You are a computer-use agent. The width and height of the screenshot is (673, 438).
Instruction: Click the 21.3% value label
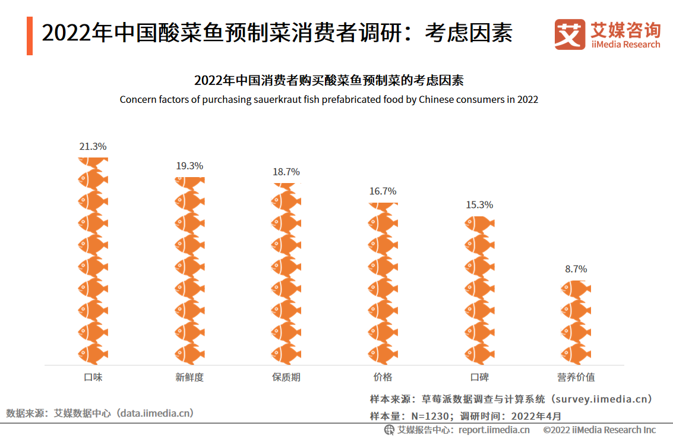tap(93, 146)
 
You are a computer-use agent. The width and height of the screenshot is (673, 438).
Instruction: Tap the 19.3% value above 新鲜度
tap(189, 166)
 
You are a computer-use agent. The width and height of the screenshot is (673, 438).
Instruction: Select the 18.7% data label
tap(286, 172)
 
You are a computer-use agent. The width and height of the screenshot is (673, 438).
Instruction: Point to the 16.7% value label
tap(383, 191)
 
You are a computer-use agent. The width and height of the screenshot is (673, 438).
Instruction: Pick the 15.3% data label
tap(479, 205)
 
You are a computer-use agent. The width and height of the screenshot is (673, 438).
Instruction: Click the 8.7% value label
tap(576, 269)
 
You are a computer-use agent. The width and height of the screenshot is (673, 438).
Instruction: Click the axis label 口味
tap(93, 377)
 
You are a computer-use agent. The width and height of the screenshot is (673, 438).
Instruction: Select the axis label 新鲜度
tap(189, 377)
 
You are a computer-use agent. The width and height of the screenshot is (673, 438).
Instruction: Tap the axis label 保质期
tap(286, 377)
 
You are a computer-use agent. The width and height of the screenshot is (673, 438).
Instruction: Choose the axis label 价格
tap(383, 377)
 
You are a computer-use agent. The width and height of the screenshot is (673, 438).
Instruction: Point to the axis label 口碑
tap(479, 377)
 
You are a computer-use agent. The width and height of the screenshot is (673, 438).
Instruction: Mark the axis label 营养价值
tap(576, 377)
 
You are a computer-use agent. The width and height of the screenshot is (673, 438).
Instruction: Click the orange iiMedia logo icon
tap(570, 34)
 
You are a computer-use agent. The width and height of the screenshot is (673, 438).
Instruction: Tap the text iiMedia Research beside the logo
tap(625, 45)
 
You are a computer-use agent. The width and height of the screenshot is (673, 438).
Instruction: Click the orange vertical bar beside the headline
tap(30, 36)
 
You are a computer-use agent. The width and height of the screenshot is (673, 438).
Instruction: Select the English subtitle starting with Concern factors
tap(328, 99)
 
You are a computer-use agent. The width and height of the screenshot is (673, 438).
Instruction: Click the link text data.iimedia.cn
tap(156, 412)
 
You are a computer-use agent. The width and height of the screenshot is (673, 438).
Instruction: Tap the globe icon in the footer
tap(389, 430)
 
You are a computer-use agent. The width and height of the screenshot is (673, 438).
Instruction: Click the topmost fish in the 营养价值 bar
tap(576, 289)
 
